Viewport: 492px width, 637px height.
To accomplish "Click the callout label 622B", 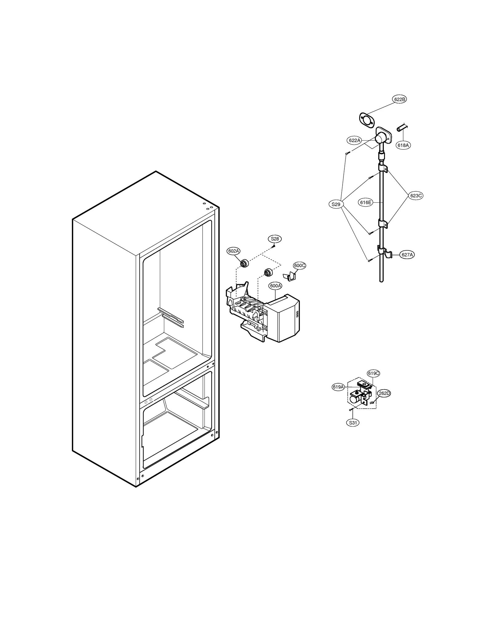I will (399, 99).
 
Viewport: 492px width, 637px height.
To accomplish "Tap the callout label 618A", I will (403, 145).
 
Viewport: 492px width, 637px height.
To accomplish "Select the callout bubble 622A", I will (354, 140).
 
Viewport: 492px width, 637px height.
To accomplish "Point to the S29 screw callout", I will (336, 204).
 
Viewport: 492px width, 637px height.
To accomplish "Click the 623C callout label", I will (416, 195).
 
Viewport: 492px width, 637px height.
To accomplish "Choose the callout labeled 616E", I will (366, 202).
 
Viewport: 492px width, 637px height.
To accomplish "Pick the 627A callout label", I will (407, 255).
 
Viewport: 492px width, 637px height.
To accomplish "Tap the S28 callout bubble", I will (275, 239).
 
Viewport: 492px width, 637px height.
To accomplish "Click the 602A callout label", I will (233, 251).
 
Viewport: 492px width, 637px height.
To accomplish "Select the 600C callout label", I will (300, 265).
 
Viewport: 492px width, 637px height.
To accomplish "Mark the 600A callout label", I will (275, 286).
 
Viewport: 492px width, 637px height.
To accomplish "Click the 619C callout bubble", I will (373, 373).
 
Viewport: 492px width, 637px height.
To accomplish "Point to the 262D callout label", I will (384, 393).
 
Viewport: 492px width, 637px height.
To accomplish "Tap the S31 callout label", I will (353, 423).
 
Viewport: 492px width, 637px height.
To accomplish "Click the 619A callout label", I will (338, 387).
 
